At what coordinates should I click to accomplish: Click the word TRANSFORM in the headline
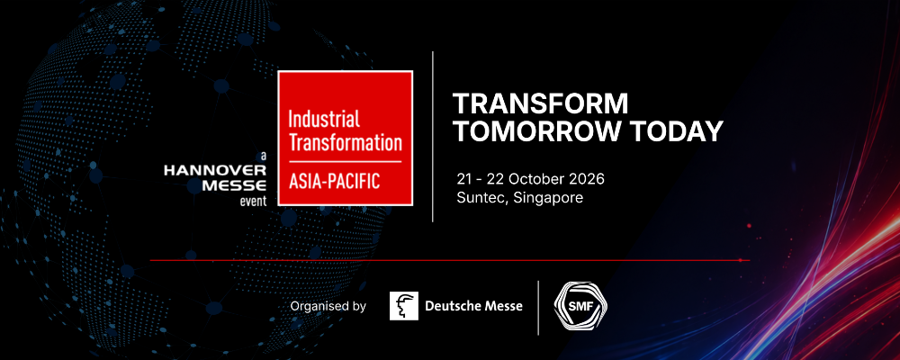pyautogui.click(x=540, y=103)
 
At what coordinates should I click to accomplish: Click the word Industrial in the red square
pyautogui.click(x=324, y=120)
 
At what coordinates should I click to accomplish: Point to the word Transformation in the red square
pyautogui.click(x=345, y=143)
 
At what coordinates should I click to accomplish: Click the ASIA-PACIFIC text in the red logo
pyautogui.click(x=334, y=181)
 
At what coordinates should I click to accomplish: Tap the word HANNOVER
pyautogui.click(x=215, y=170)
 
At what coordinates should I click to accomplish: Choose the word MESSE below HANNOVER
pyautogui.click(x=235, y=185)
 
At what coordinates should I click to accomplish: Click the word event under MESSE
pyautogui.click(x=253, y=201)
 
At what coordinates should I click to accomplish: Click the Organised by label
pyautogui.click(x=328, y=306)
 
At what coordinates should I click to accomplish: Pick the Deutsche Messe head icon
pyautogui.click(x=404, y=306)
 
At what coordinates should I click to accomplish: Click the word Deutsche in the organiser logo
pyautogui.click(x=450, y=306)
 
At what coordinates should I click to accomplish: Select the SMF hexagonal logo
pyautogui.click(x=580, y=305)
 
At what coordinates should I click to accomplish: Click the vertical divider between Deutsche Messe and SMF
pyautogui.click(x=538, y=307)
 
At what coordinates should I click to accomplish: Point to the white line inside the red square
pyautogui.click(x=345, y=162)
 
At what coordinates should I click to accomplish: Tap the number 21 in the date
pyautogui.click(x=463, y=179)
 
